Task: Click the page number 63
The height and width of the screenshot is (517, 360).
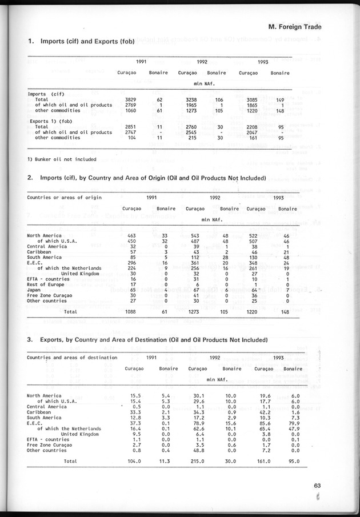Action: point(317,486)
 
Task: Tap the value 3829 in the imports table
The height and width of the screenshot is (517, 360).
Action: point(130,99)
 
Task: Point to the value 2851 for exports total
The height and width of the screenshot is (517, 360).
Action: point(130,126)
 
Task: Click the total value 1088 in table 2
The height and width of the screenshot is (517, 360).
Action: point(130,312)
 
